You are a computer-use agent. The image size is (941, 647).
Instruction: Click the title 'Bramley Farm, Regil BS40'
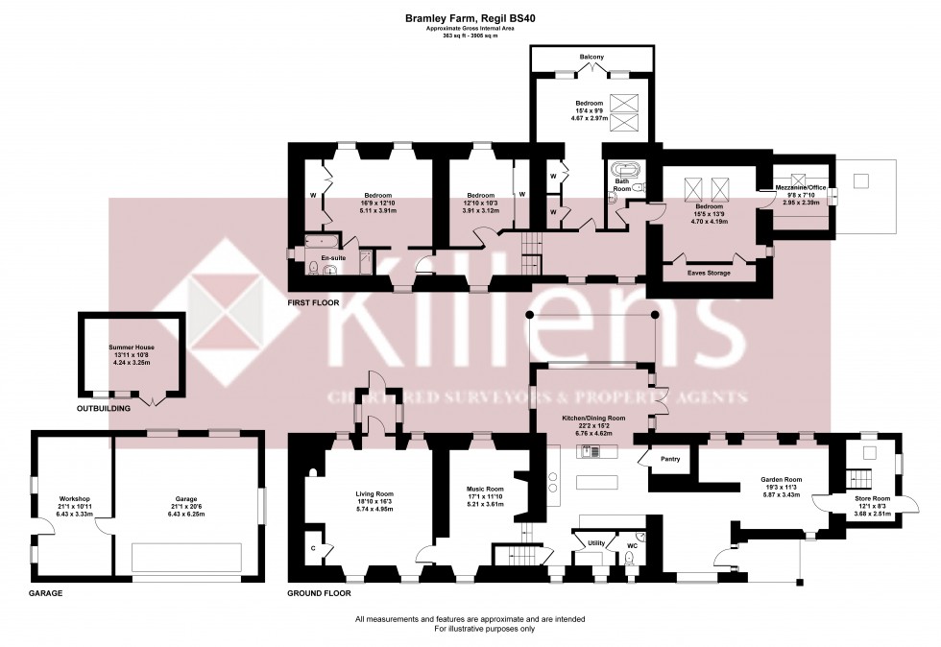tap(470, 16)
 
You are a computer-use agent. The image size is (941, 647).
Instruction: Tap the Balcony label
tap(591, 58)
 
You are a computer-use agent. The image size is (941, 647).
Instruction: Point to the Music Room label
tap(485, 489)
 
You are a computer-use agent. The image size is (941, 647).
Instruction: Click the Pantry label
tap(670, 459)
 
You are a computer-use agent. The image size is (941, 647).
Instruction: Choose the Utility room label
tap(596, 543)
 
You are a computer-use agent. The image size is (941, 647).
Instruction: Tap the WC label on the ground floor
tap(631, 545)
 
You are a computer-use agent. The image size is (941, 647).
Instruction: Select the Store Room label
tap(872, 499)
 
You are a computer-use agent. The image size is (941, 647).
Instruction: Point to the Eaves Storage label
tap(709, 273)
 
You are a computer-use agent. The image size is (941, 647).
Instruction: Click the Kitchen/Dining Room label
tap(593, 419)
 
